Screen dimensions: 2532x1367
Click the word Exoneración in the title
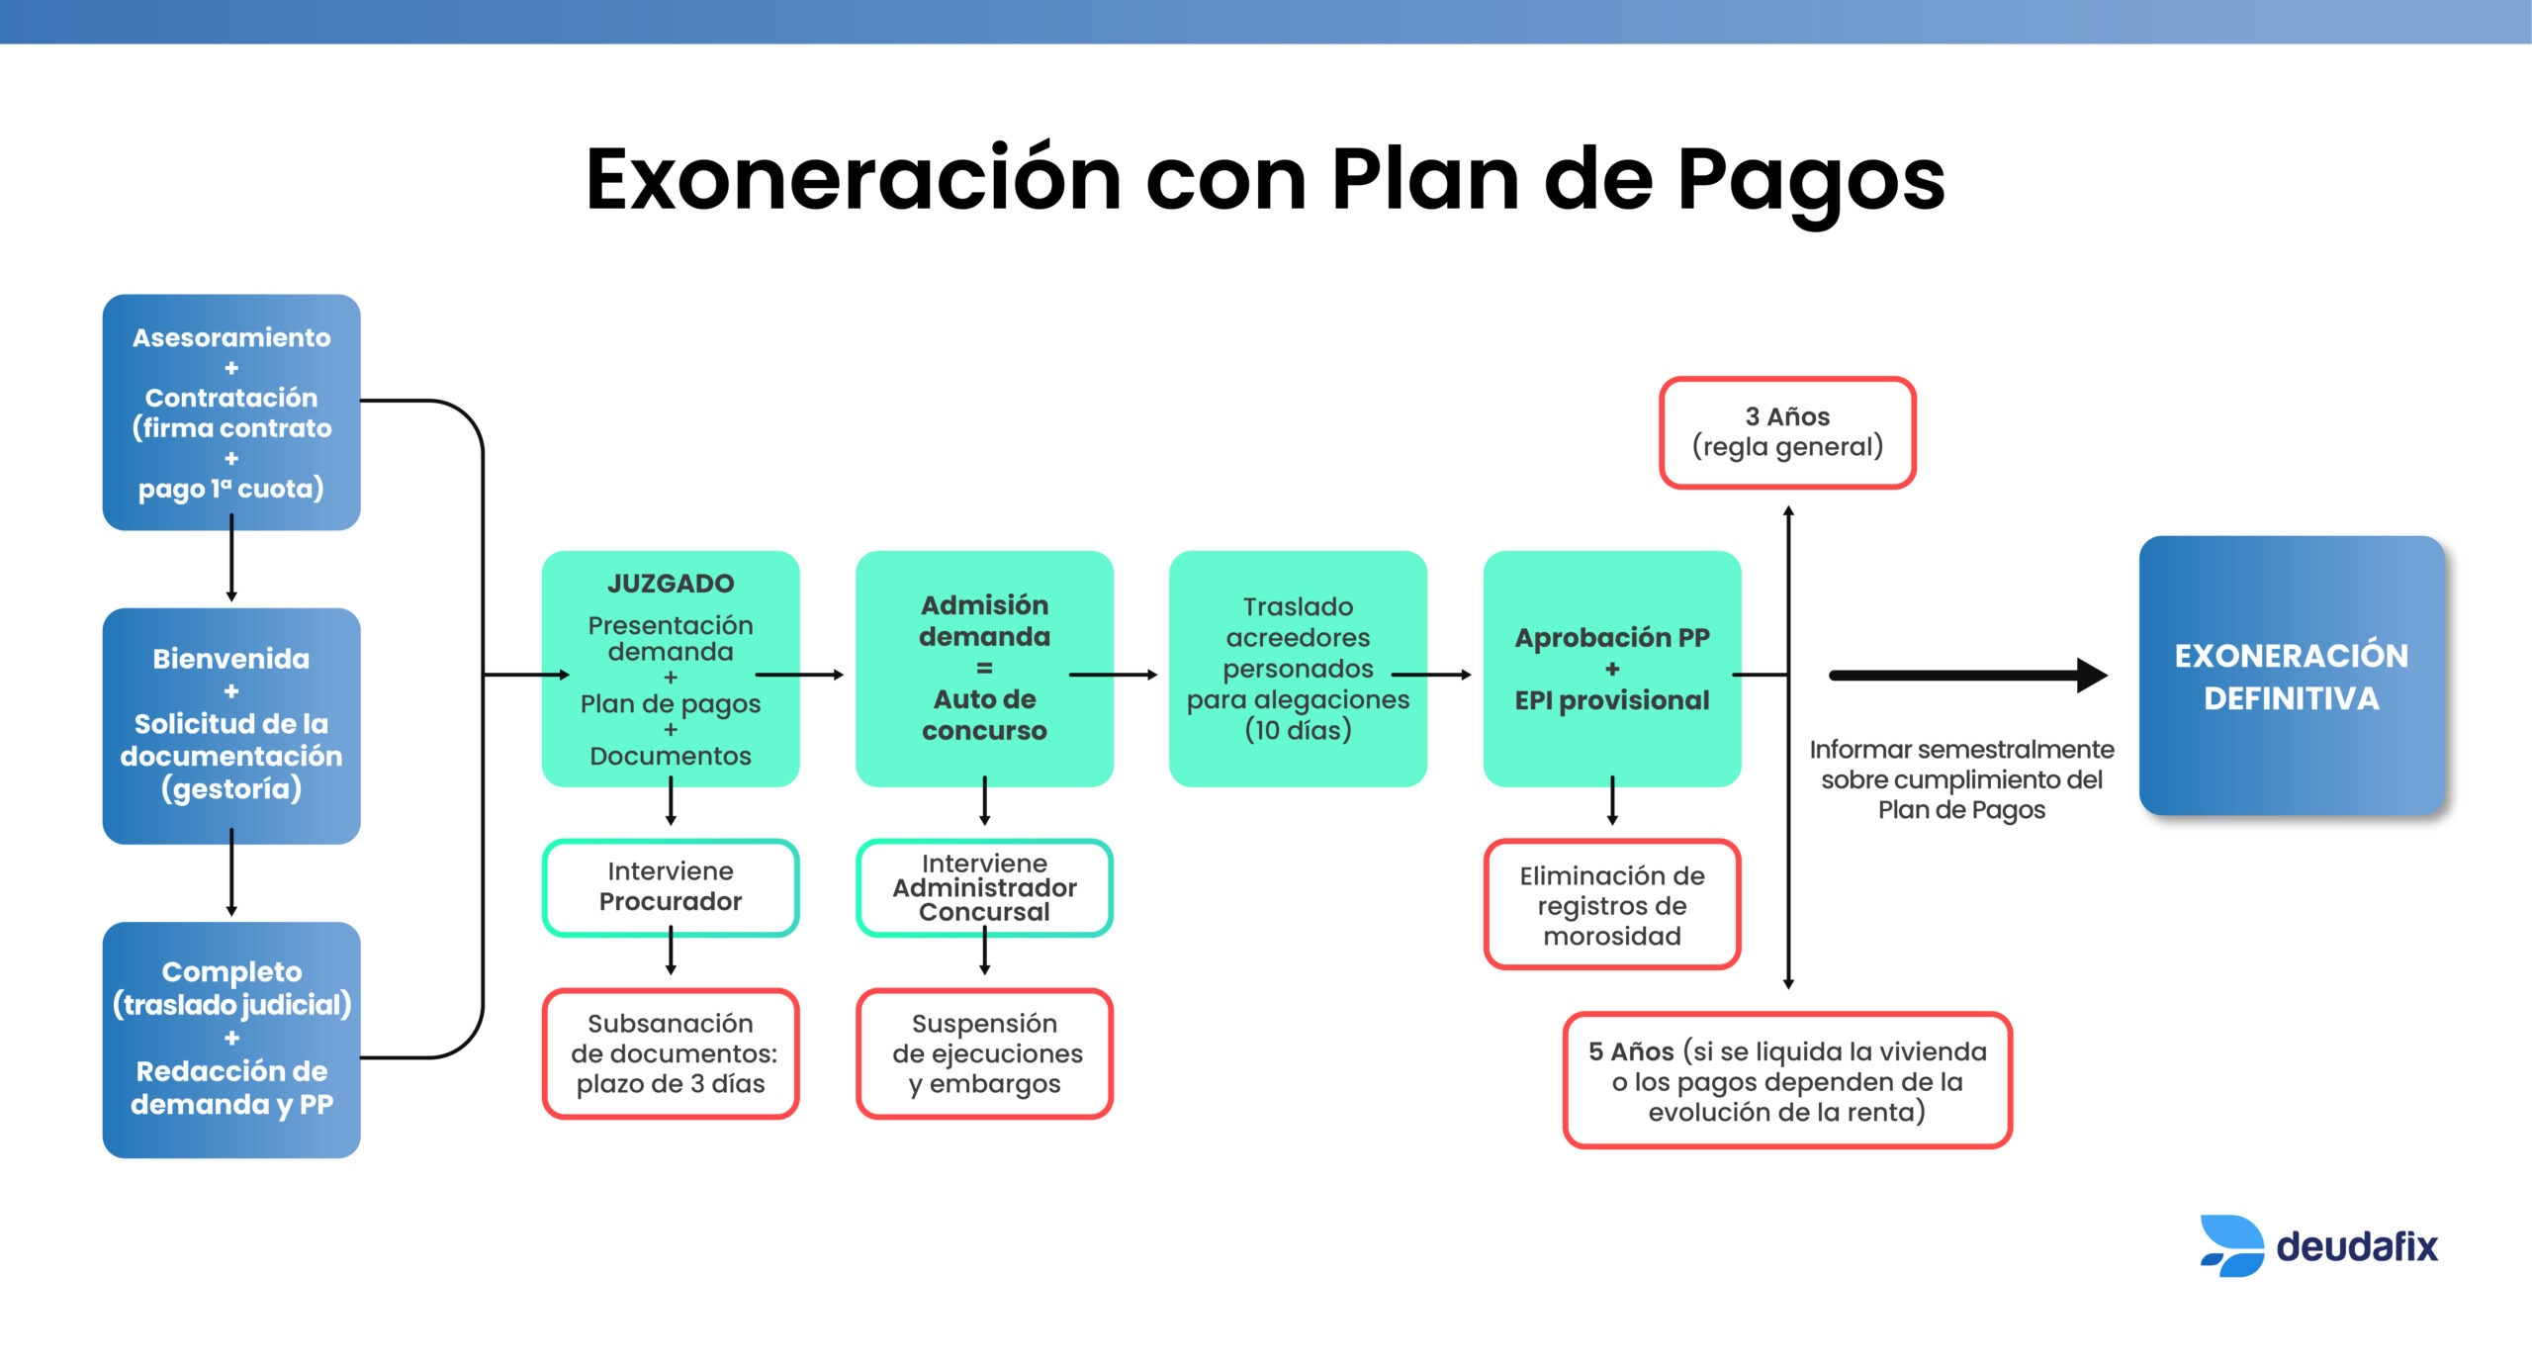coord(854,179)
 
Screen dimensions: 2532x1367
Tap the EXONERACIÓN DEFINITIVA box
coord(2291,676)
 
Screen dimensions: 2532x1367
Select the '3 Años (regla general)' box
coord(1787,432)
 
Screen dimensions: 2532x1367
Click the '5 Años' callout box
coord(1787,1080)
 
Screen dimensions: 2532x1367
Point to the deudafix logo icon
coord(2231,1245)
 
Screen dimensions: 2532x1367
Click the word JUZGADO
coord(671,584)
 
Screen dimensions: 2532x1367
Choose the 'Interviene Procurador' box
coord(671,887)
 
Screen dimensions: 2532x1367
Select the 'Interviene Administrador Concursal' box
coord(984,887)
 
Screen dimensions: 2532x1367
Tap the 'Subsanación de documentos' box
coord(671,1053)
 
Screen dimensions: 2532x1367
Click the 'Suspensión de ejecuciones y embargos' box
coord(984,1053)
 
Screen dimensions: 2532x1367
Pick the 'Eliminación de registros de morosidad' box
coord(1612,904)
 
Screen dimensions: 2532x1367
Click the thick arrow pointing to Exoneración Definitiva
coord(1968,676)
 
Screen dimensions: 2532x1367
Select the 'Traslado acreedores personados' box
coord(1298,669)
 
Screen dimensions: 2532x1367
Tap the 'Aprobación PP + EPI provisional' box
coord(1612,669)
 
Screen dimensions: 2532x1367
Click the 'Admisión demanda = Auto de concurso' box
coord(984,669)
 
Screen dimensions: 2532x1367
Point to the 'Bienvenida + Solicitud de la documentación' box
coord(231,726)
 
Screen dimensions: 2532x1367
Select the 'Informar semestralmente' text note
coord(1961,779)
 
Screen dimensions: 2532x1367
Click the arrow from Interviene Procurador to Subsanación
coord(671,951)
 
